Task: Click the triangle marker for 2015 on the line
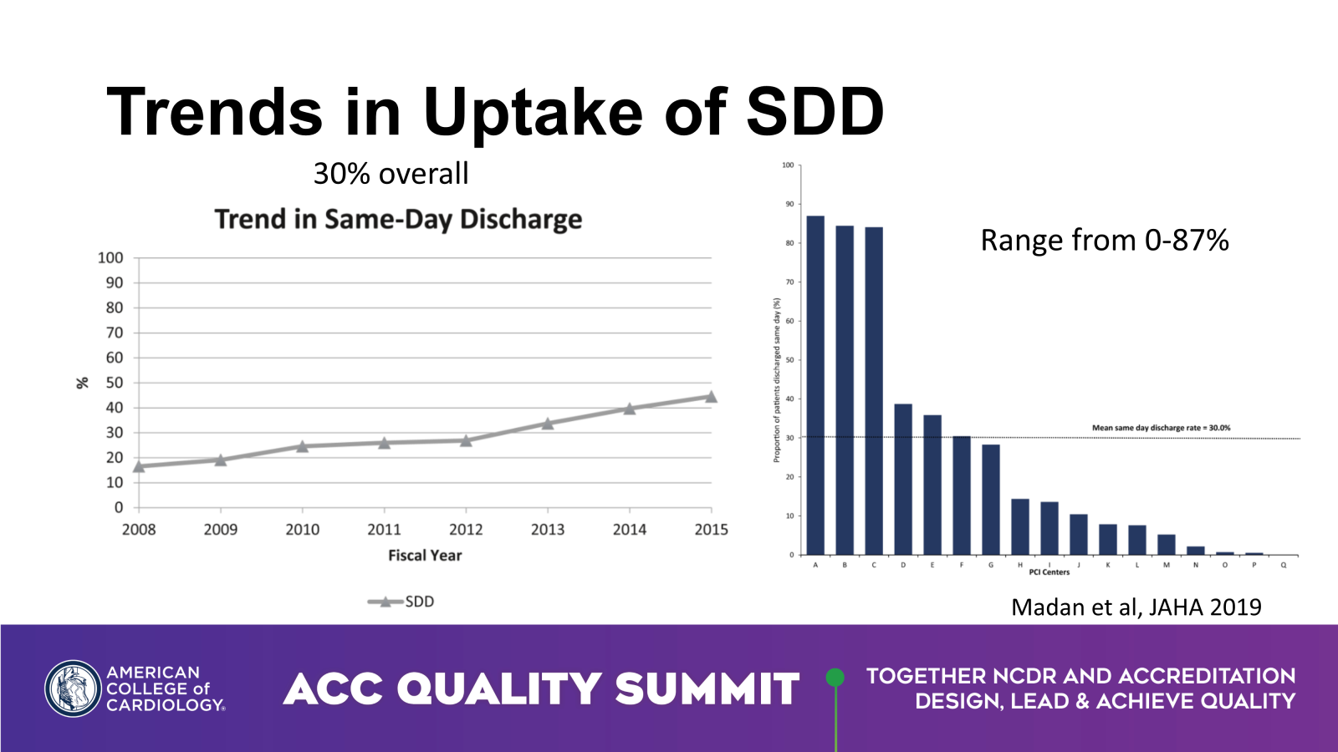711,397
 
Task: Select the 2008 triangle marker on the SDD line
139,465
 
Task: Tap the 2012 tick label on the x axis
466,529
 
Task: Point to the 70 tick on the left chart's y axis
115,333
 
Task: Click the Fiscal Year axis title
425,555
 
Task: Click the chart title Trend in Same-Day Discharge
398,219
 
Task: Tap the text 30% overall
391,174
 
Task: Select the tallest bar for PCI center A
815,384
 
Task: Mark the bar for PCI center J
1079,535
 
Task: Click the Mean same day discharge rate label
1161,428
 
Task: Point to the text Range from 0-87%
1105,241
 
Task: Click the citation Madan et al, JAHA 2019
1136,607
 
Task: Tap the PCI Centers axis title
1049,572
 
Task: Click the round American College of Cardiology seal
73,688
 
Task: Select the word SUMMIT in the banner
707,689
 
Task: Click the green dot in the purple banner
835,677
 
